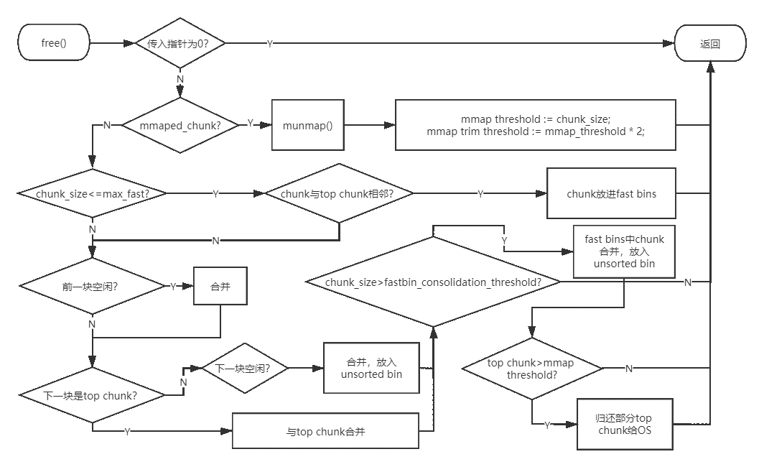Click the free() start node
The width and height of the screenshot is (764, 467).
point(54,43)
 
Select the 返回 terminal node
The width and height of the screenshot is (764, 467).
point(709,44)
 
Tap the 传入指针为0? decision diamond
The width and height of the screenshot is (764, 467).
point(180,44)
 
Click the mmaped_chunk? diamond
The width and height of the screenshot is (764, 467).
point(180,125)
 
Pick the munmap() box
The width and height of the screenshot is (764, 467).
point(307,125)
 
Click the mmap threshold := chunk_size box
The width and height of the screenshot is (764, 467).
point(536,125)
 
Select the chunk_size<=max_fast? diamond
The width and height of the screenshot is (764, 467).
point(93,194)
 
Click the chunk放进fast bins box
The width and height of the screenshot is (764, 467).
point(611,194)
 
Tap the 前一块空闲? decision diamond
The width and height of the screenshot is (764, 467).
point(91,286)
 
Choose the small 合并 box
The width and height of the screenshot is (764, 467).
point(220,286)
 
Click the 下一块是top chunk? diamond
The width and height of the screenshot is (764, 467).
point(91,396)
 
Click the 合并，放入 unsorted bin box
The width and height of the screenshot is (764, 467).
point(371,368)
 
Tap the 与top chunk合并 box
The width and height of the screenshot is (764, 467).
point(325,432)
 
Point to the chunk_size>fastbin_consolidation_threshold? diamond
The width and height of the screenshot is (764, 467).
point(433,282)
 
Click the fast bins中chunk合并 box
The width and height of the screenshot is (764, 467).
point(623,251)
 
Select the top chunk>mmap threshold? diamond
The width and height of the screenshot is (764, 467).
point(531,369)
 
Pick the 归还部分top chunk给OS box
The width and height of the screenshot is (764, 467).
point(625,425)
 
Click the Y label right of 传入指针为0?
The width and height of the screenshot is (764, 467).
point(269,44)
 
